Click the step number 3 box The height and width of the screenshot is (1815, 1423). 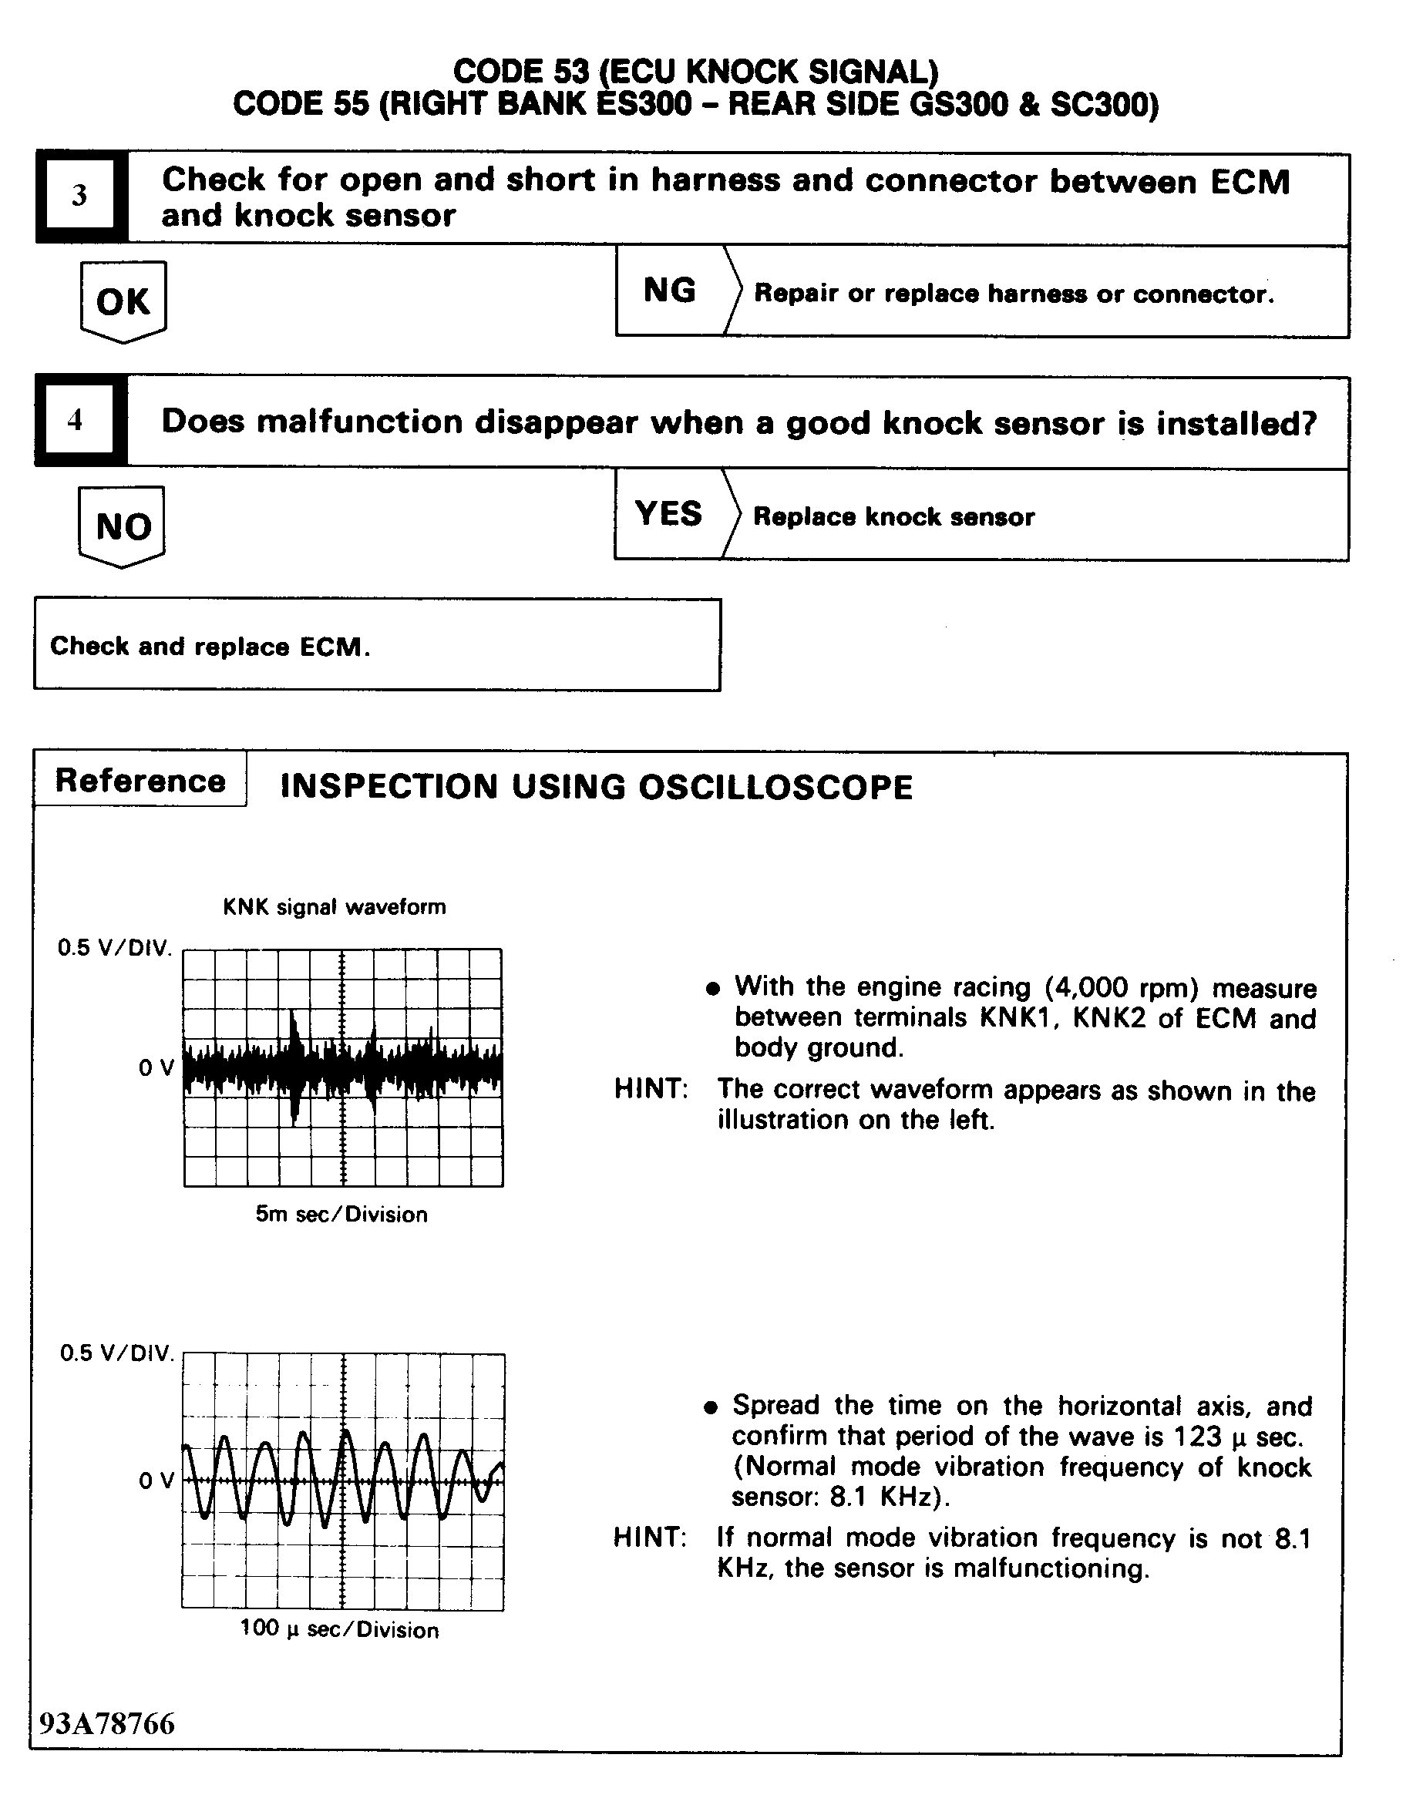80,195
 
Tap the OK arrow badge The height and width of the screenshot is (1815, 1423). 123,301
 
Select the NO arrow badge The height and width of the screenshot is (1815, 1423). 123,526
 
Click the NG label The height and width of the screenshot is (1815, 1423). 670,291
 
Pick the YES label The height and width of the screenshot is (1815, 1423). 668,514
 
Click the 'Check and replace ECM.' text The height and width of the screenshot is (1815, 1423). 210,647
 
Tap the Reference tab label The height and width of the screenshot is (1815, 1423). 140,781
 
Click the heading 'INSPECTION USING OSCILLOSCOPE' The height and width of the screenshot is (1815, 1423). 597,787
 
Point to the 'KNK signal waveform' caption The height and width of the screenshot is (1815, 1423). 334,906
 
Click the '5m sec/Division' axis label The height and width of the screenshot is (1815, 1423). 341,1215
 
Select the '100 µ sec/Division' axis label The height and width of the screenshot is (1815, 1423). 339,1629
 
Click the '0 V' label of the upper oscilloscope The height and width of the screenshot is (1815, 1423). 156,1068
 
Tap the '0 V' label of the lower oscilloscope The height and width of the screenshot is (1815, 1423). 156,1481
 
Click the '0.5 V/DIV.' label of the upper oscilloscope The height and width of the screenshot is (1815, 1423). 115,948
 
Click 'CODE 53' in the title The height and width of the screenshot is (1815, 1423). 522,72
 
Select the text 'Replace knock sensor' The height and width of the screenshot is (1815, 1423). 894,516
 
